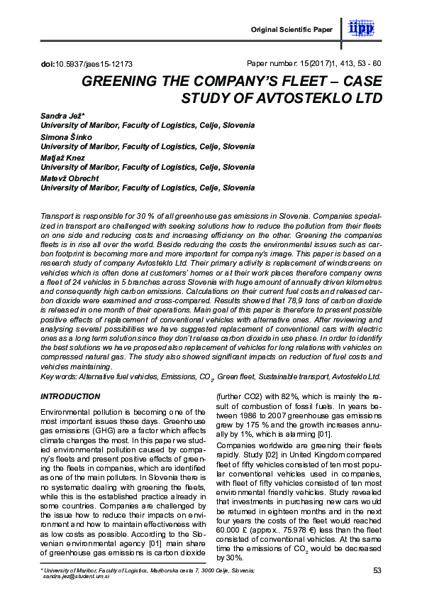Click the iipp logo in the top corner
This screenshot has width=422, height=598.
[x=363, y=28]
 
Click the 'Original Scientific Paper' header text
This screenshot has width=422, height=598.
[x=291, y=29]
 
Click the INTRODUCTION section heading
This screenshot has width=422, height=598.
[x=70, y=396]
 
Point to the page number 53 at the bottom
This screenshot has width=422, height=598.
[x=377, y=570]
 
